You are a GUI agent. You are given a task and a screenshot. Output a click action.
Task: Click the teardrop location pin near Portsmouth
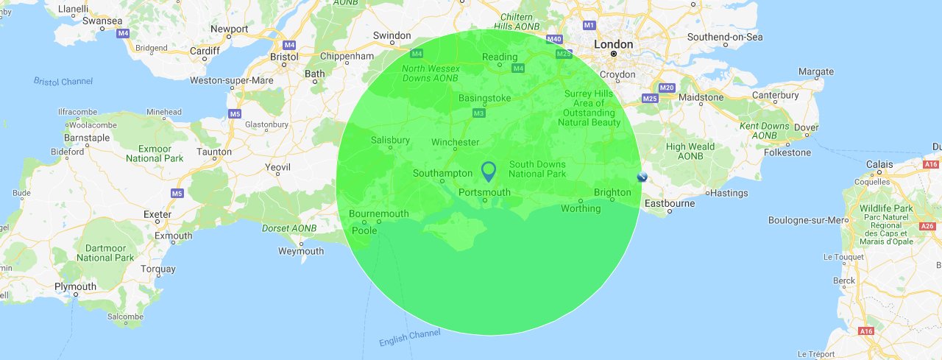(488, 171)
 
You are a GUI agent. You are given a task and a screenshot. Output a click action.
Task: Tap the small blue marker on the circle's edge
(642, 177)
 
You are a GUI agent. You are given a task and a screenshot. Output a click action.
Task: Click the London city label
(613, 45)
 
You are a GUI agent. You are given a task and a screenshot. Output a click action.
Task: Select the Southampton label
(442, 173)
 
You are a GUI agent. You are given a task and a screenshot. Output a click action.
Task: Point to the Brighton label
(612, 192)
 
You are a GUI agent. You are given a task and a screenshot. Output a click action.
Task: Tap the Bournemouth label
(378, 213)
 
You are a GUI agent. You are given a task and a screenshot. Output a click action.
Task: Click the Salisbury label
(390, 140)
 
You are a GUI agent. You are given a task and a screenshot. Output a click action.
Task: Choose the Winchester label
(455, 142)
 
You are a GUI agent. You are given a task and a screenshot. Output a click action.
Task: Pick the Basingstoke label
(484, 98)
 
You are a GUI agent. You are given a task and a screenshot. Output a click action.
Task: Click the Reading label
(500, 57)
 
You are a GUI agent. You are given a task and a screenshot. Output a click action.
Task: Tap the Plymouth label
(75, 286)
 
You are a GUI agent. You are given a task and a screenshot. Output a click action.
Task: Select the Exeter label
(157, 214)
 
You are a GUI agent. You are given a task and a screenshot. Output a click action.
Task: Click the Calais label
(879, 164)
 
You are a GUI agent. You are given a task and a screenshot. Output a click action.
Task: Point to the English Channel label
(409, 338)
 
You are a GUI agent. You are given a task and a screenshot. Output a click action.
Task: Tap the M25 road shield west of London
(564, 54)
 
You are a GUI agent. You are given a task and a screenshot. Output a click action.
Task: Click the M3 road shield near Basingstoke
(478, 113)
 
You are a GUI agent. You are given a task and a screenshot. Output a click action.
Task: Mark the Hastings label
(730, 193)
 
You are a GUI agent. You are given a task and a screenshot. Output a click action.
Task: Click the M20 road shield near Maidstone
(667, 88)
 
